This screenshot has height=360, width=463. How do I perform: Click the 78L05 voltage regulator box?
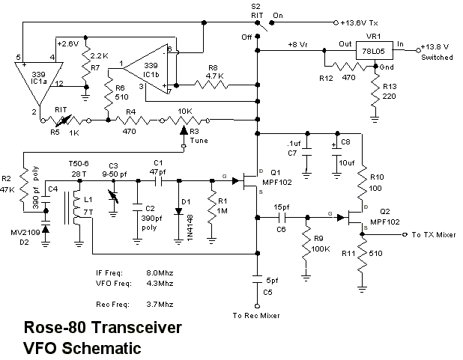pyautogui.click(x=374, y=51)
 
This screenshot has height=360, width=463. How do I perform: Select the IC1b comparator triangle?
pyautogui.click(x=145, y=70)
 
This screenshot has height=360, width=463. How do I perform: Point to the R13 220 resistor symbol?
pyautogui.click(x=375, y=90)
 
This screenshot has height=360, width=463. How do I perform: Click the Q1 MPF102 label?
pyautogui.click(x=276, y=177)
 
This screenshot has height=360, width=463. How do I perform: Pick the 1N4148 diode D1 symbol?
pyautogui.click(x=178, y=211)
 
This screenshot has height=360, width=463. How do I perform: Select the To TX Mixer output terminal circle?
pyautogui.click(x=405, y=234)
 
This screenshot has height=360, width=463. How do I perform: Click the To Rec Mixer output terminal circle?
pyautogui.click(x=257, y=306)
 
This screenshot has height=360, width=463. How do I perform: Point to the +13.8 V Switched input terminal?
pyautogui.click(x=418, y=50)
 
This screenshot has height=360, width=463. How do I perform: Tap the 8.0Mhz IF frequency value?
pyautogui.click(x=160, y=272)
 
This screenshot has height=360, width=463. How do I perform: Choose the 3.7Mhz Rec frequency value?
pyautogui.click(x=160, y=304)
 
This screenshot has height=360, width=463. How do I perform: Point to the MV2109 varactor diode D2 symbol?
pyautogui.click(x=46, y=229)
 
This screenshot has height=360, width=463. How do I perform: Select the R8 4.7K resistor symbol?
pyautogui.click(x=211, y=85)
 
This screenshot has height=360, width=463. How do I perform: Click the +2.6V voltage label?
pyautogui.click(x=68, y=44)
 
